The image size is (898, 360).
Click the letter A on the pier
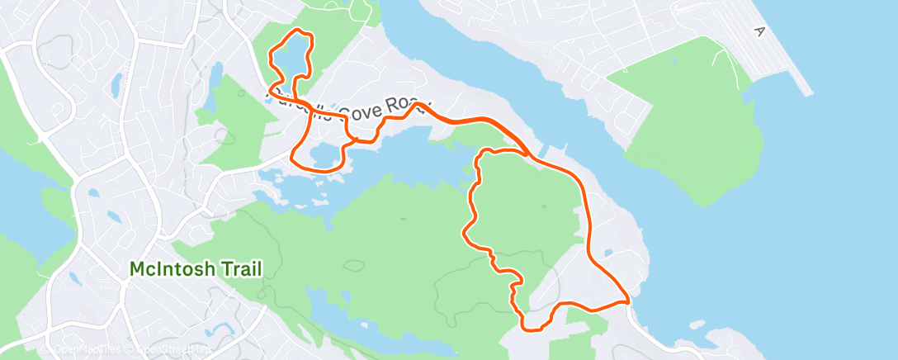[758, 31]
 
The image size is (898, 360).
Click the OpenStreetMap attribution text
[173, 350]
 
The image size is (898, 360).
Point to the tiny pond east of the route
[608, 253]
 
